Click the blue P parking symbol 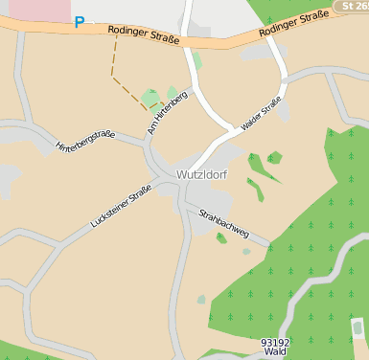(x=79, y=22)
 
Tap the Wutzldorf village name (x=201, y=175)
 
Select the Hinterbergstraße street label (x=85, y=141)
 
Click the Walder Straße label (x=262, y=113)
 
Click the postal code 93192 (x=275, y=342)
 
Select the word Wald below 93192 (x=275, y=352)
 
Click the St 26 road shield (x=352, y=6)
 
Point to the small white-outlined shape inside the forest (x=357, y=329)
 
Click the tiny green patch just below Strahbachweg (x=221, y=238)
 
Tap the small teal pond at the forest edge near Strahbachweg (x=246, y=252)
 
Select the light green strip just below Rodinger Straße (x=196, y=60)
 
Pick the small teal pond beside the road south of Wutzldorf (x=201, y=300)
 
